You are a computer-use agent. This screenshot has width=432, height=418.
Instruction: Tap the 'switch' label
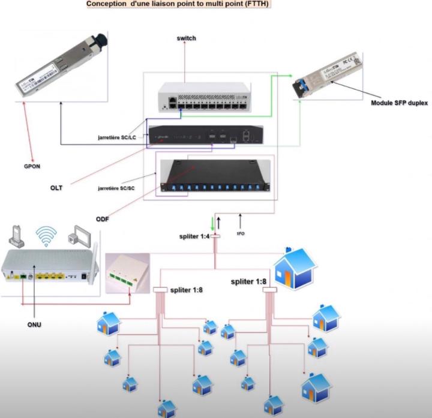(x=187, y=38)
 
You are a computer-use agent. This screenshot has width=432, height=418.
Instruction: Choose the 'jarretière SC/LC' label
(x=119, y=137)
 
